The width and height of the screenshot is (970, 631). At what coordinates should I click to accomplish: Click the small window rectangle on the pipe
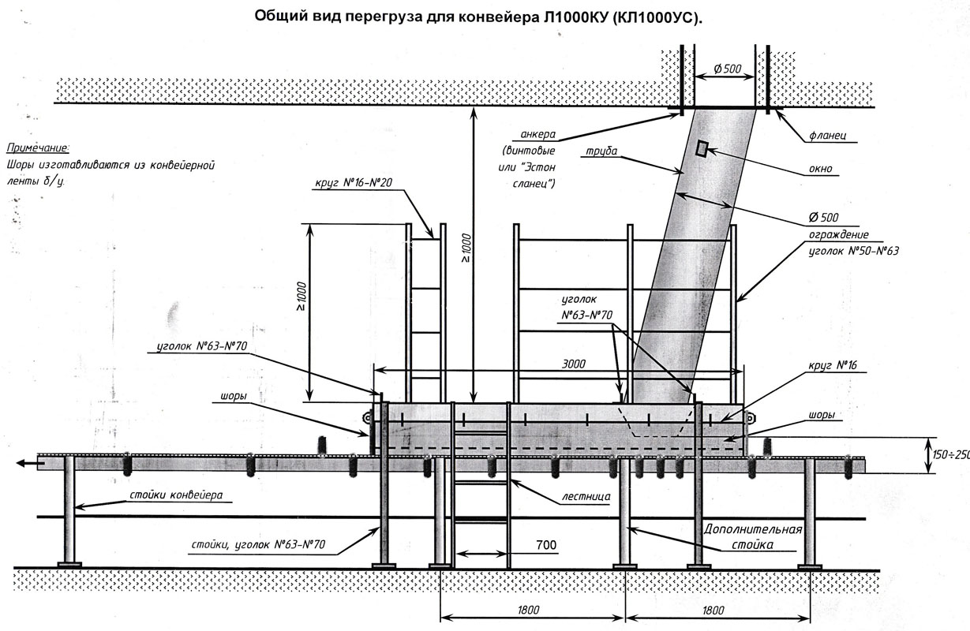702,148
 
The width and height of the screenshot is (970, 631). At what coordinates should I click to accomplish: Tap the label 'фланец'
827,136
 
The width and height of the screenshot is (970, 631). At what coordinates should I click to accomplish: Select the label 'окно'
821,168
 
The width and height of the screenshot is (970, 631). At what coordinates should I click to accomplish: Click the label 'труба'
601,151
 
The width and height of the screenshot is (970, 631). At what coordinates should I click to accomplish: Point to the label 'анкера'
537,134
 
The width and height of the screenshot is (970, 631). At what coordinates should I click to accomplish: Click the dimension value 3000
573,364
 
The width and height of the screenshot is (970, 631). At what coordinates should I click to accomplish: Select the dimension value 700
546,544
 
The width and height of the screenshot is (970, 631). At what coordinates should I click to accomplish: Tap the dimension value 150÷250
951,455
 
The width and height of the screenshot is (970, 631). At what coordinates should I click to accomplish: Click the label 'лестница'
586,496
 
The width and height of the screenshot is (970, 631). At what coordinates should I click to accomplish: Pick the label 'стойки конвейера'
176,495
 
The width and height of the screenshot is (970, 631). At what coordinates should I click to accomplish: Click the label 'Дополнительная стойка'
753,536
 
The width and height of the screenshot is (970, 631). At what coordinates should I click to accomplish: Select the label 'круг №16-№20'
354,183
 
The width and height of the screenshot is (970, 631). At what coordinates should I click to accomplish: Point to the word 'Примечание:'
38,148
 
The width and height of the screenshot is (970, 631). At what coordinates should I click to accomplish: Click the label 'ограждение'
839,234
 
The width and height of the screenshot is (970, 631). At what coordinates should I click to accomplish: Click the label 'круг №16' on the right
833,365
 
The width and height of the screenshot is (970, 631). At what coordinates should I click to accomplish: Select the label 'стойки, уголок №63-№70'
258,544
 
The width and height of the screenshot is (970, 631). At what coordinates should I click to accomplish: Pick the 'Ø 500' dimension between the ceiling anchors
728,69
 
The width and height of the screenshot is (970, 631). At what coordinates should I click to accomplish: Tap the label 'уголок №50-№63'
854,251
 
